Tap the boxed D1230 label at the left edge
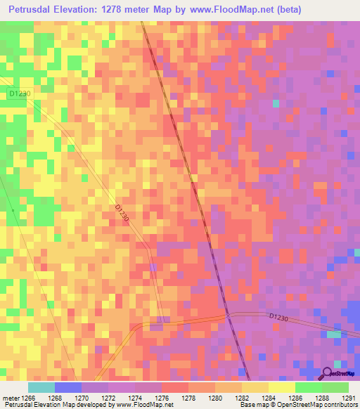click(20, 93)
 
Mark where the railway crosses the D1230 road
click(228, 315)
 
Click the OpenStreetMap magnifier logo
click(328, 373)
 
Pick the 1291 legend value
click(349, 398)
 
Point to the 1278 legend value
click(188, 398)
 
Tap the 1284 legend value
click(269, 398)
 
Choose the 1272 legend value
click(108, 398)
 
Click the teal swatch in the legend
click(41, 387)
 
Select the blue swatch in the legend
click(68, 387)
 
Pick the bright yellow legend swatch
click(281, 387)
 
